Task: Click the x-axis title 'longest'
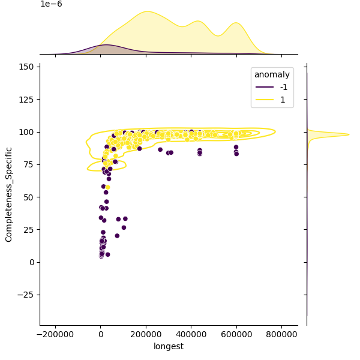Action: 168,346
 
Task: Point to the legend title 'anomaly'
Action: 272,75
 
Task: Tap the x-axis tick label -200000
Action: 55,335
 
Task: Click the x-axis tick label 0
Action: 101,335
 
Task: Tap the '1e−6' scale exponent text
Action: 51,4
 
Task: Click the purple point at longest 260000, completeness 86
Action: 160,149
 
